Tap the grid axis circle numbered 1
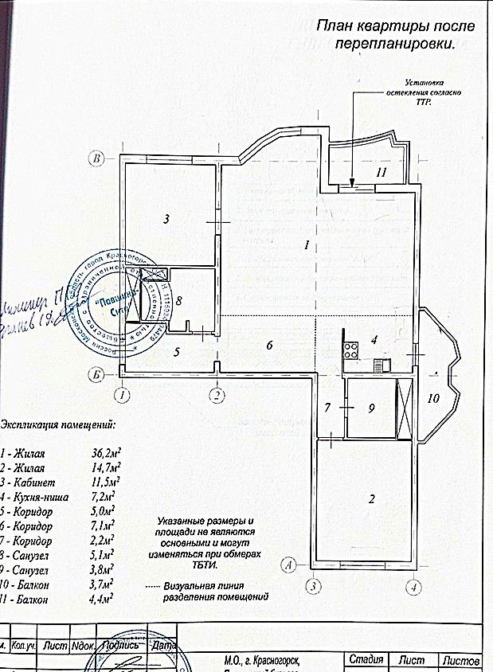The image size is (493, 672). [121, 394]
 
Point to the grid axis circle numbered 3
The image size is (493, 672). [315, 587]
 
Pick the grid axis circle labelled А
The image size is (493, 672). [290, 565]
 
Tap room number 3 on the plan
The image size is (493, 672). [166, 218]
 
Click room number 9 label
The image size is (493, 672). [370, 408]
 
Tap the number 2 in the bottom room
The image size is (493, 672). [370, 500]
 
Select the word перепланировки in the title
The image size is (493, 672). [395, 45]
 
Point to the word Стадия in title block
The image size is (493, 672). [366, 661]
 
